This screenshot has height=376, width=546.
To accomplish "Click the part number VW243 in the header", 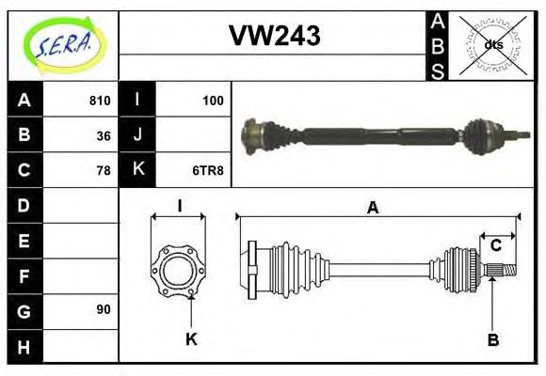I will pyautogui.click(x=274, y=37).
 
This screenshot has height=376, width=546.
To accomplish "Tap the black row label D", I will pyautogui.click(x=24, y=205).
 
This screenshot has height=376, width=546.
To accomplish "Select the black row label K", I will pyautogui.click(x=138, y=170).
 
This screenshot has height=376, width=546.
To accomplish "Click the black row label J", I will pyautogui.click(x=138, y=135).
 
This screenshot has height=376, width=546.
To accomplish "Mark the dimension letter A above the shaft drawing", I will pyautogui.click(x=373, y=209).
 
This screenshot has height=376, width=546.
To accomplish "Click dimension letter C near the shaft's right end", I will pyautogui.click(x=495, y=246).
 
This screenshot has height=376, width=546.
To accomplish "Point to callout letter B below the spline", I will pyautogui.click(x=492, y=339).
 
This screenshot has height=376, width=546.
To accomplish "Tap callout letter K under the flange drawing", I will pyautogui.click(x=190, y=339).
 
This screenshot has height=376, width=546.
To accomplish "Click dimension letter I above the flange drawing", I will pyautogui.click(x=178, y=207).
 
